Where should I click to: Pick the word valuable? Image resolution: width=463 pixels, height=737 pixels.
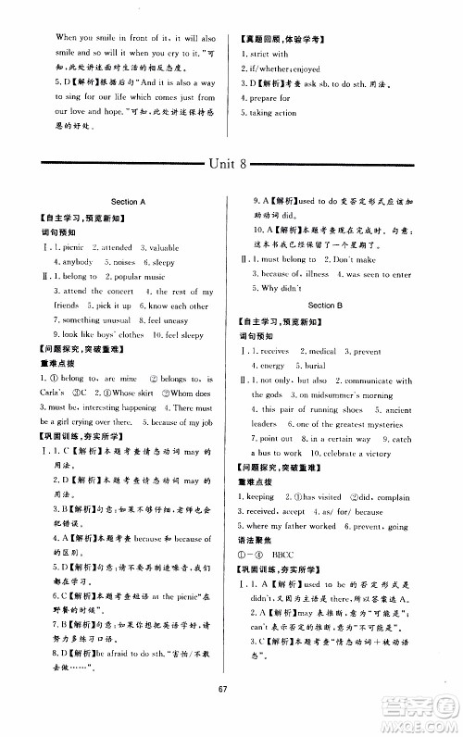[160, 249]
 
